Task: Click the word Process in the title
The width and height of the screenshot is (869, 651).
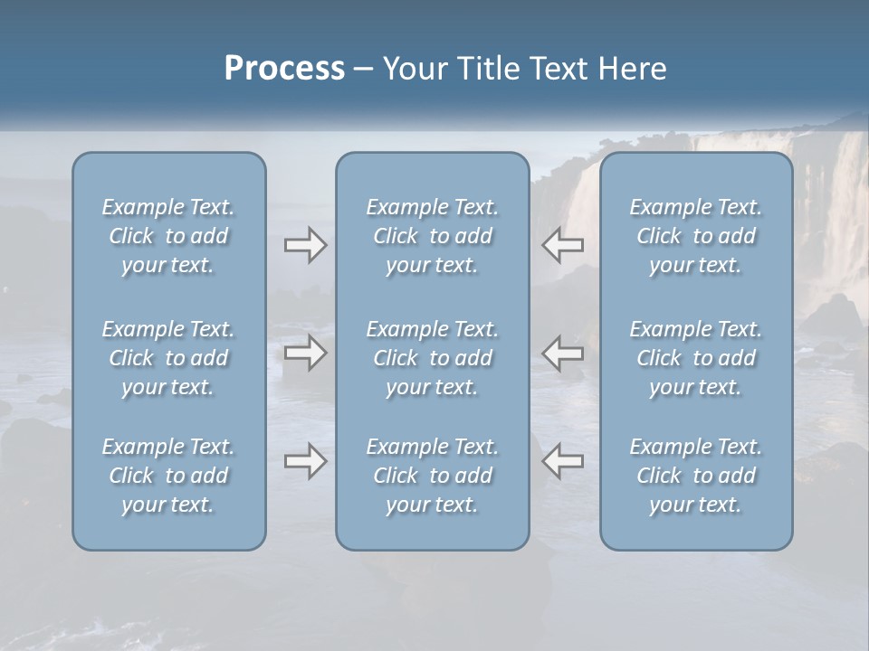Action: tap(284, 69)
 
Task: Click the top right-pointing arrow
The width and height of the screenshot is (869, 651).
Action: tap(305, 245)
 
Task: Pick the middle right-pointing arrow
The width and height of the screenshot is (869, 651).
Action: tap(305, 353)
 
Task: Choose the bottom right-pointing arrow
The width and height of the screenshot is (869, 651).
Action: tap(305, 461)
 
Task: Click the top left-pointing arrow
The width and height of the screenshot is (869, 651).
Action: tap(563, 245)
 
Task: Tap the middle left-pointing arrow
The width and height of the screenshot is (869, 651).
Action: tap(563, 353)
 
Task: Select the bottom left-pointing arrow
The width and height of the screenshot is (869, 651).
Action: tap(563, 461)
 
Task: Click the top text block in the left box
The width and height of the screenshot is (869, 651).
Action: tap(168, 236)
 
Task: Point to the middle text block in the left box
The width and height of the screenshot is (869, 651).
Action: tap(168, 358)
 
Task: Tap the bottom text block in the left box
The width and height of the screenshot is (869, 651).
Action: tap(168, 476)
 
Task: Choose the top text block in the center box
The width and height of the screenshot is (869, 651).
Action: tap(433, 236)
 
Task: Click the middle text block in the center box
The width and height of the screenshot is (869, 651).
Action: tap(433, 358)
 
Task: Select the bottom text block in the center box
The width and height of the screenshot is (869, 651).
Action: tap(433, 476)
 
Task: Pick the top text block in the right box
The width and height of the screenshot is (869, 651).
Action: tap(696, 236)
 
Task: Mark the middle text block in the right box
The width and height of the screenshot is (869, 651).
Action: tap(696, 358)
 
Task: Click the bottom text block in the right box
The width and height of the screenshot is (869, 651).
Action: tap(696, 476)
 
